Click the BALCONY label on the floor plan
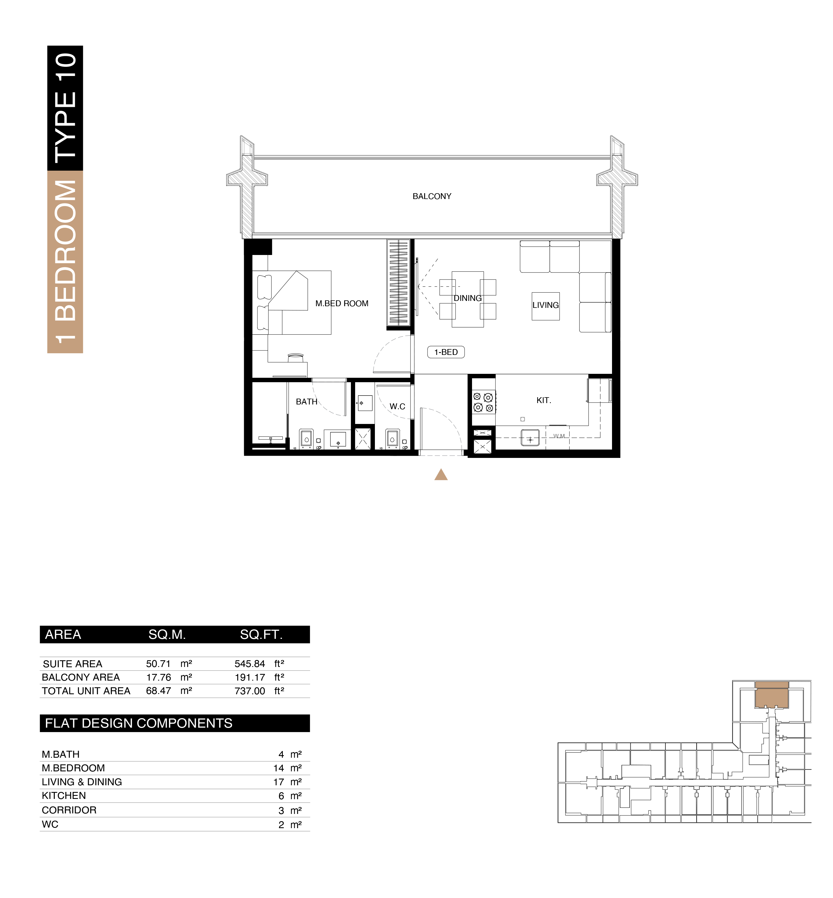tap(432, 197)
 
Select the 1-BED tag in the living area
tap(446, 352)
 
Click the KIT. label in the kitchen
tap(544, 400)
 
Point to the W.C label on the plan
tap(397, 407)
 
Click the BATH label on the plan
tap(306, 402)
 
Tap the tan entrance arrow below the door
tap(441, 475)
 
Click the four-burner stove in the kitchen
tap(483, 402)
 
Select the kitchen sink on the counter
tap(530, 438)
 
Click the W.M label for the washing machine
tap(559, 436)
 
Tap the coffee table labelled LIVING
tap(545, 306)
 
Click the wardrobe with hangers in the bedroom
tap(398, 283)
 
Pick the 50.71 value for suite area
tap(158, 664)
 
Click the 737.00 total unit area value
tap(250, 691)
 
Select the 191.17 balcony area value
tap(250, 678)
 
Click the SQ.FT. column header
tap(261, 635)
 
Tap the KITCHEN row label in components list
tap(63, 796)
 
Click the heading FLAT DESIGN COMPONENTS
tap(138, 723)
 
